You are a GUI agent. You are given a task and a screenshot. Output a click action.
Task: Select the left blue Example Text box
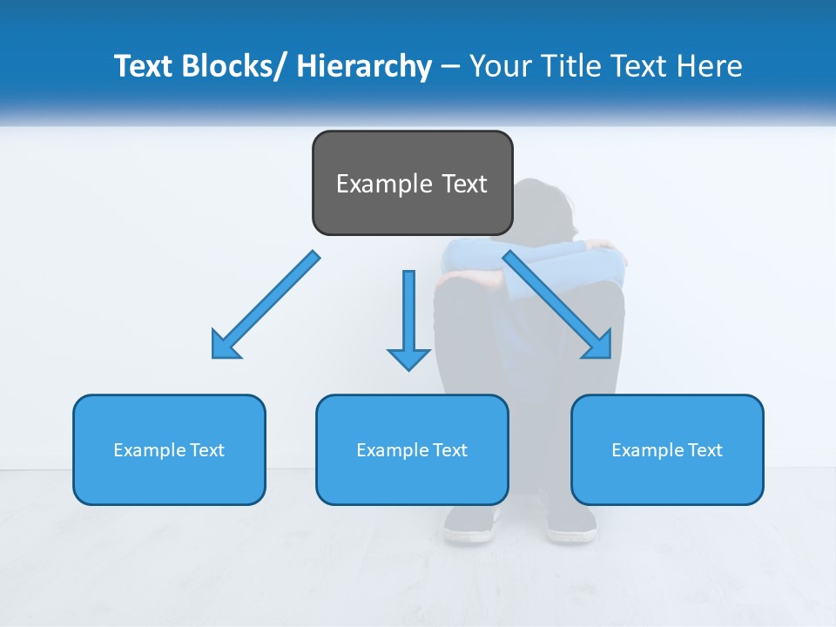pos(169,449)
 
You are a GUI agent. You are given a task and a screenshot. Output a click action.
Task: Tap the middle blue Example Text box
pos(412,449)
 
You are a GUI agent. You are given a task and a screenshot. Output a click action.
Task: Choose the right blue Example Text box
pos(667,449)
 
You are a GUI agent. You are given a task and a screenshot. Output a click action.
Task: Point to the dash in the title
pos(450,67)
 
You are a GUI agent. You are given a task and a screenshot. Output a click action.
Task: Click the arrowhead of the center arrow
pos(408,358)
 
